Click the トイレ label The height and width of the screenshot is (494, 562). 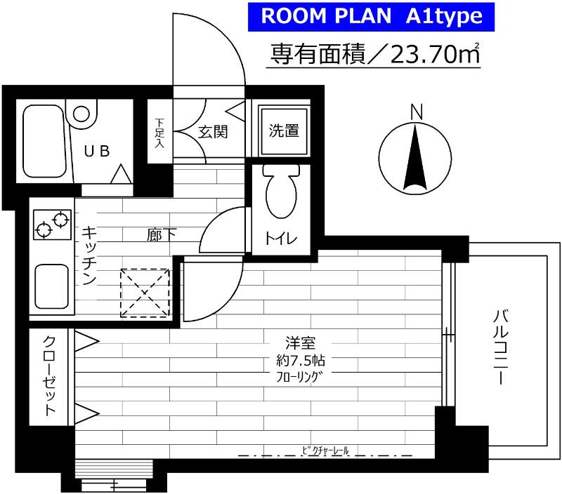(x=281, y=239)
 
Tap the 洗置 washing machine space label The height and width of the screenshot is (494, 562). (x=284, y=131)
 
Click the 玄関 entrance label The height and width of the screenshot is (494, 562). (x=211, y=132)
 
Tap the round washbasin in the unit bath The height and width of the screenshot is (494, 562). (x=83, y=114)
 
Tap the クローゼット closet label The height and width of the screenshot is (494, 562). (x=50, y=377)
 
